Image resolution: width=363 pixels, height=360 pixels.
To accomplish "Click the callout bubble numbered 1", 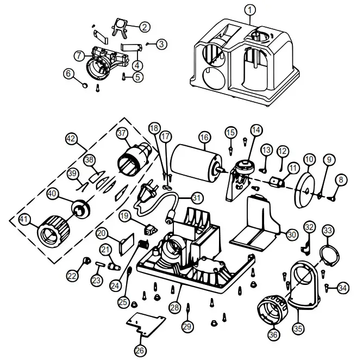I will point(249,9).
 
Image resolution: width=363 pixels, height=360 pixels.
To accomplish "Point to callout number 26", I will point(140,350).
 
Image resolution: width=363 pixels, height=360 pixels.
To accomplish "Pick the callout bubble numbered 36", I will point(273,335).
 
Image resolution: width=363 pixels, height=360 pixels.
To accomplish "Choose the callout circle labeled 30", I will point(292,234).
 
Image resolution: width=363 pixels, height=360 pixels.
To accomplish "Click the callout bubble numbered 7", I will point(79,55).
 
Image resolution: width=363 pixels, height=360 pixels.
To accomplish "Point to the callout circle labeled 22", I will point(72,276).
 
